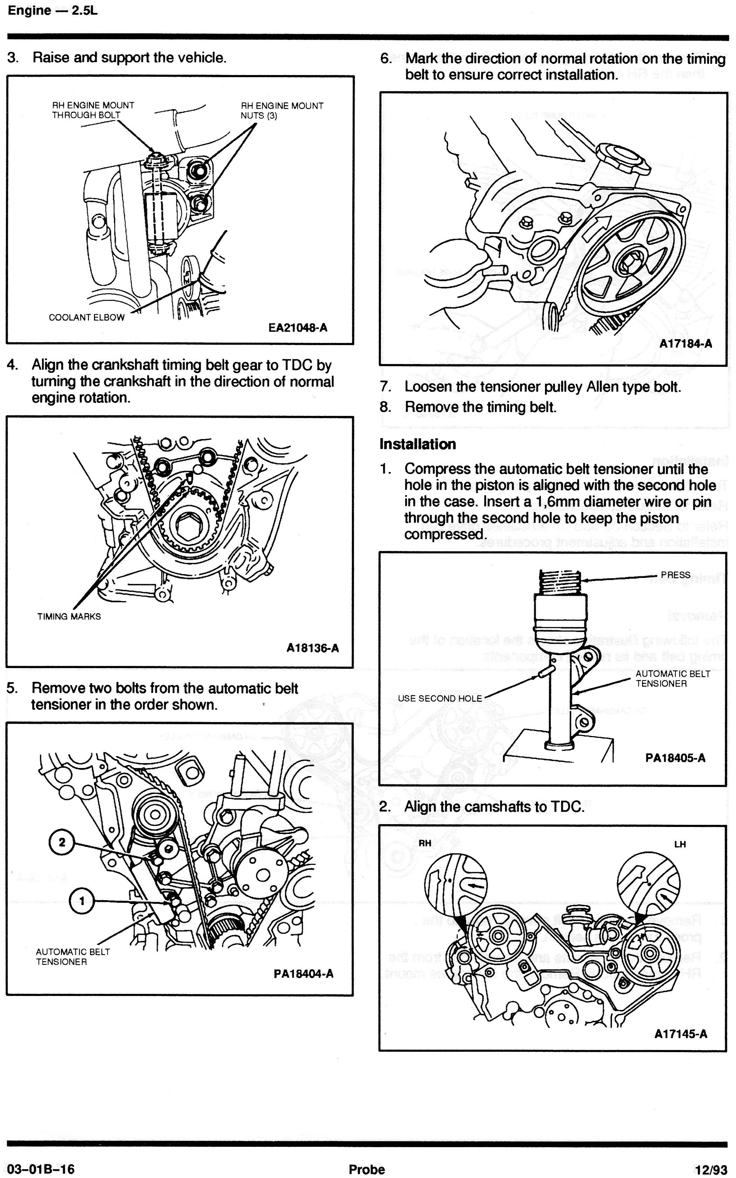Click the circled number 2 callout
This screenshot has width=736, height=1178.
(62, 842)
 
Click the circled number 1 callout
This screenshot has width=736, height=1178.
(82, 901)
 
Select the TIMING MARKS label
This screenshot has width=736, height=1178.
(69, 617)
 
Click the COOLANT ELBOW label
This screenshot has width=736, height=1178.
(87, 317)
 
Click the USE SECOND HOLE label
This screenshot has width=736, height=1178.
(439, 698)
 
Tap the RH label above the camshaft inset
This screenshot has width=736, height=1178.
(425, 843)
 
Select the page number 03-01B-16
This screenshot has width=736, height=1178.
(41, 1169)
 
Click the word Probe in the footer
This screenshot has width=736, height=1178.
(367, 1169)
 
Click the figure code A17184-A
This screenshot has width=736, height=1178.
(686, 343)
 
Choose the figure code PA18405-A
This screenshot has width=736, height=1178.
(675, 758)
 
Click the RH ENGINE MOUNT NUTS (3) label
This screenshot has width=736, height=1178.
(282, 110)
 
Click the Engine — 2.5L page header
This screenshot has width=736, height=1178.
(53, 11)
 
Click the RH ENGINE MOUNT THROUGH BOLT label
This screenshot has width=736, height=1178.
(93, 110)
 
